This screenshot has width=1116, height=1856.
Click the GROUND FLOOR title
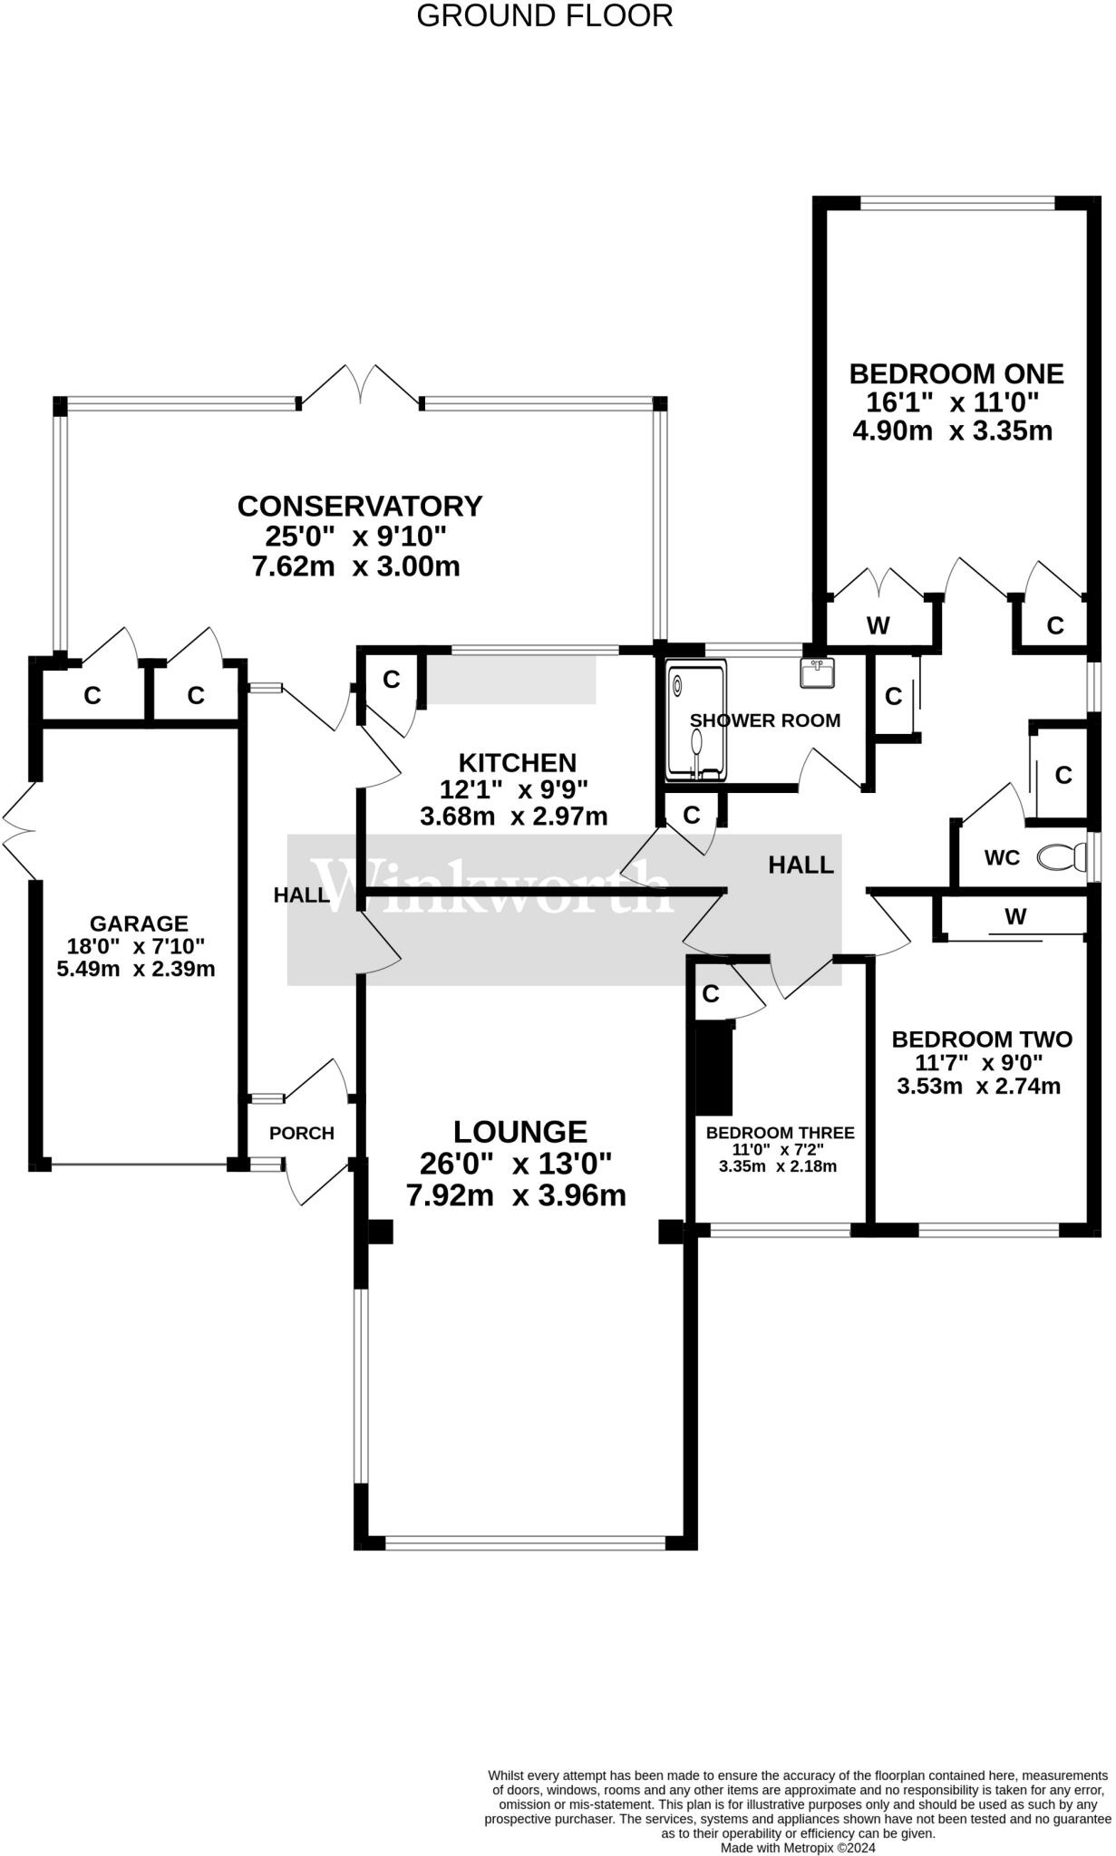(544, 15)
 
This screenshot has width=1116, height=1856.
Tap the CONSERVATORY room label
(360, 506)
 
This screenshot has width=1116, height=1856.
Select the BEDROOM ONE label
(956, 373)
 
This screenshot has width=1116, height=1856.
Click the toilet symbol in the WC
(1062, 855)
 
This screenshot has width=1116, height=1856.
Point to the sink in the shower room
(818, 672)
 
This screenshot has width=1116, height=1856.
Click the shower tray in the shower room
(696, 721)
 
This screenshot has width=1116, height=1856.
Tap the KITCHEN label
(517, 763)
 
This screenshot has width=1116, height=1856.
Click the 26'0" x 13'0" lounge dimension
(516, 1163)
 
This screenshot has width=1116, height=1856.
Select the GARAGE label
(139, 923)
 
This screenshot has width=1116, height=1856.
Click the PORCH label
(302, 1133)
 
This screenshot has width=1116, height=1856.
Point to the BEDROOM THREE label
(781, 1133)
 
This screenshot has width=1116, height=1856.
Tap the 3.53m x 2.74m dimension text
(979, 1086)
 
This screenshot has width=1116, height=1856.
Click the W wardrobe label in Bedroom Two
(1015, 917)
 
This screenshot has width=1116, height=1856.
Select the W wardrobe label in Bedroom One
(878, 625)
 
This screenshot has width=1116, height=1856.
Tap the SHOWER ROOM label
(765, 720)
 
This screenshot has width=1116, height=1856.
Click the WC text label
(1002, 857)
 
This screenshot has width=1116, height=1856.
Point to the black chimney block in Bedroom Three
(713, 1068)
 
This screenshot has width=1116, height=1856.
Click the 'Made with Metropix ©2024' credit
(798, 1848)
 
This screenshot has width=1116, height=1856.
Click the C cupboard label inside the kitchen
(392, 680)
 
